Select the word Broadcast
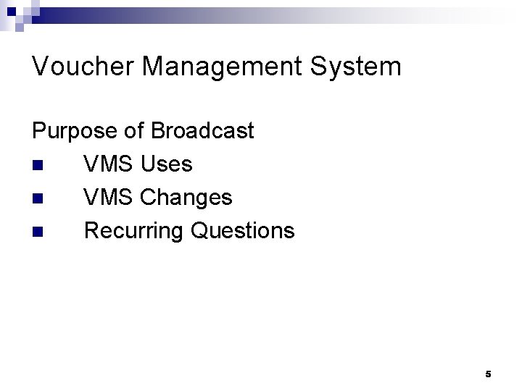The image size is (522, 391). [204, 131]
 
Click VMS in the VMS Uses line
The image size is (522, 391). [109, 164]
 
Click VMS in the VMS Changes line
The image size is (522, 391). [109, 198]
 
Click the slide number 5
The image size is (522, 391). [488, 374]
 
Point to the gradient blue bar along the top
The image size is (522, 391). [290, 13]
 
